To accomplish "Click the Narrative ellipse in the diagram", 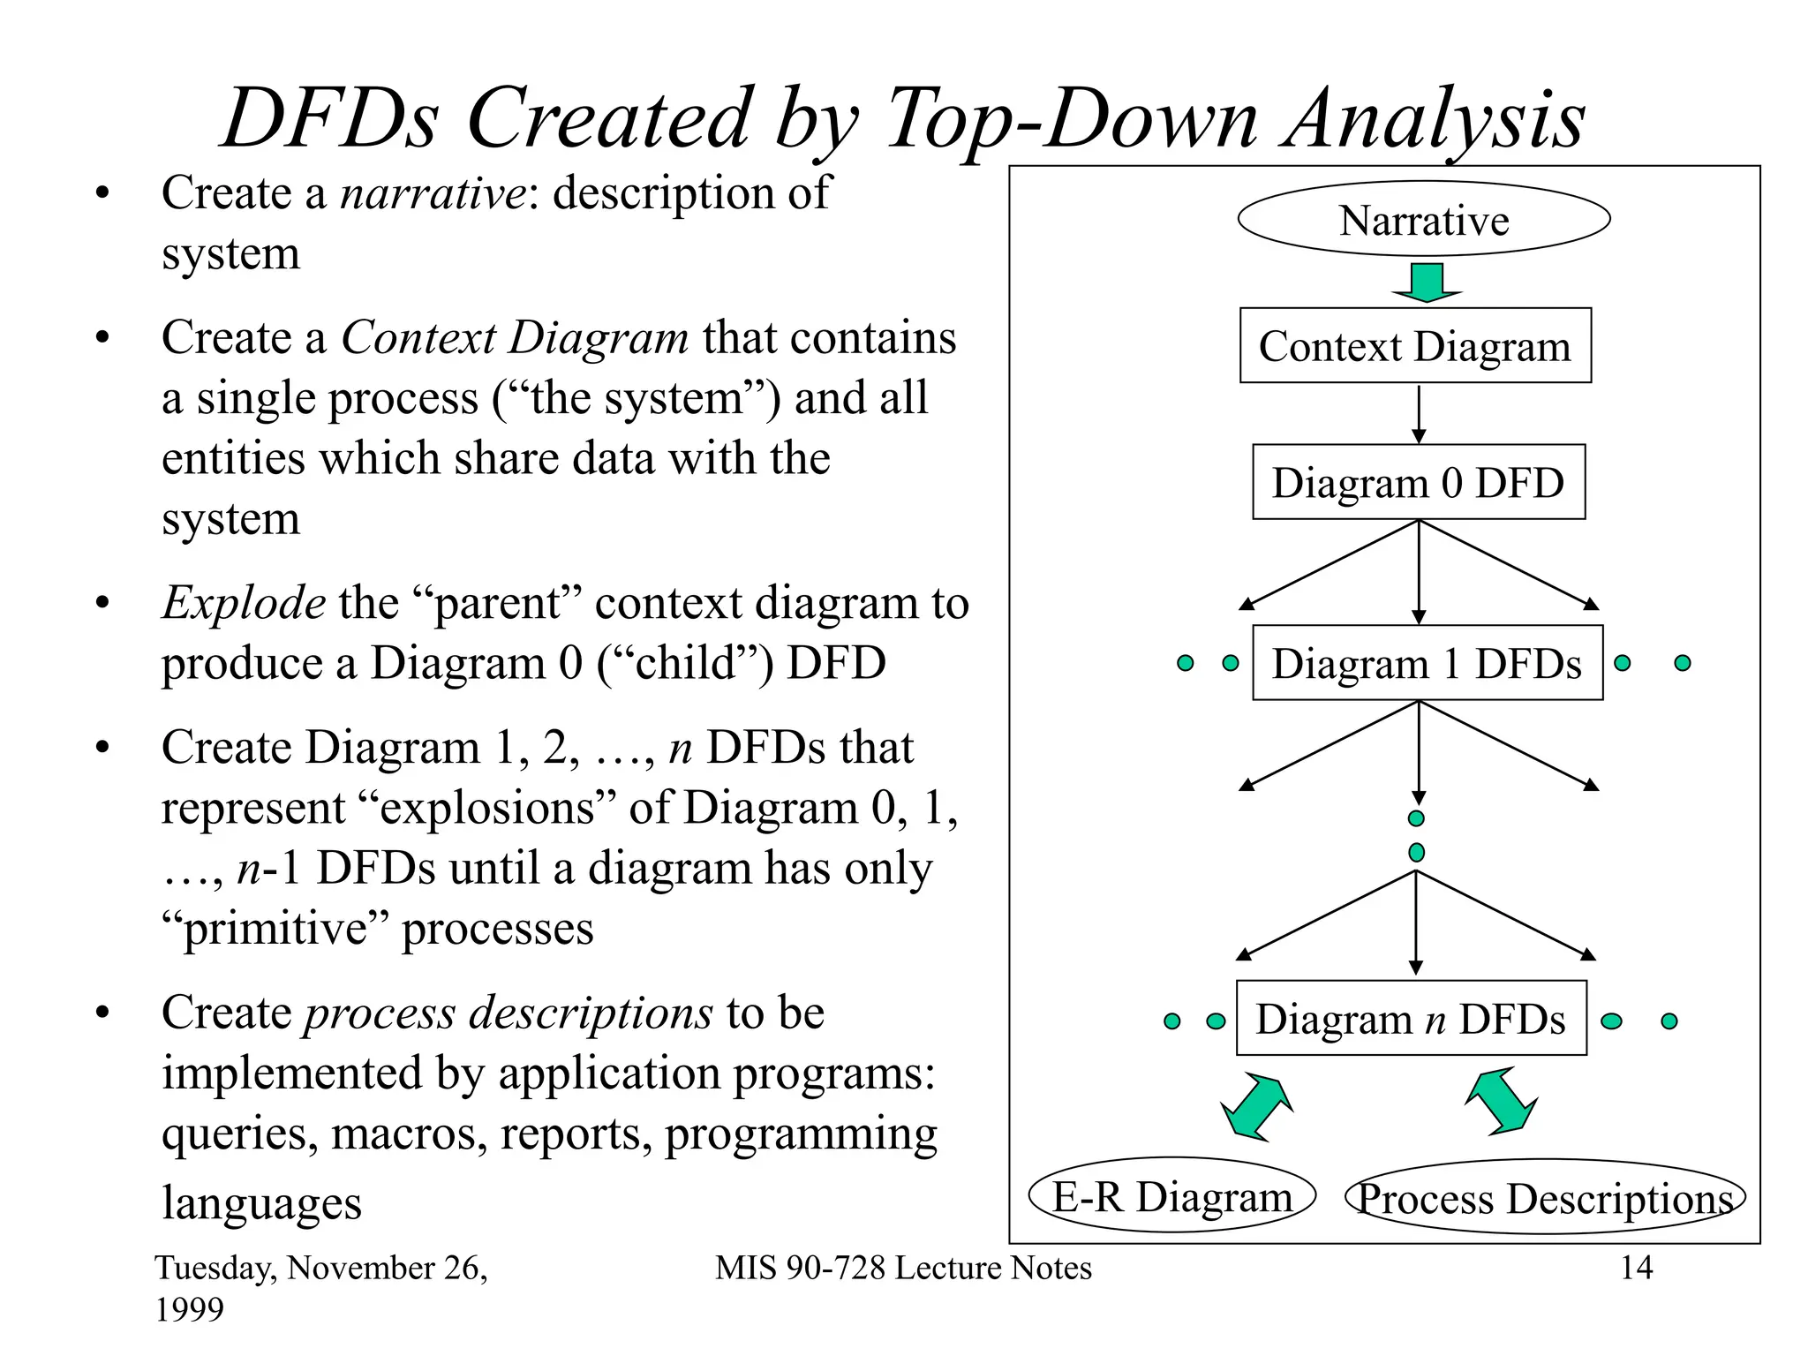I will point(1423,219).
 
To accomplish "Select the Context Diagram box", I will point(1414,346).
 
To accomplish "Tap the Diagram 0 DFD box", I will point(1418,482).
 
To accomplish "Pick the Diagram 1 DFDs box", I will point(1427,663).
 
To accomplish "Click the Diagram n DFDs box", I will point(1411,1019).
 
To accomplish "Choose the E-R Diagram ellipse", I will point(1171,1196).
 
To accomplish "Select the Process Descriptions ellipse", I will point(1544,1198).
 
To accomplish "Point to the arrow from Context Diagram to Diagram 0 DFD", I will point(1419,414).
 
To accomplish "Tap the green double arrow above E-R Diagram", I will point(1256,1107).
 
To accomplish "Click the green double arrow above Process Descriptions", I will point(1501,1101).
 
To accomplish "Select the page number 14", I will point(1636,1268).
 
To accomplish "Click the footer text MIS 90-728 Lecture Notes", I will point(903,1268).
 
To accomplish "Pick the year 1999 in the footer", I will point(190,1309).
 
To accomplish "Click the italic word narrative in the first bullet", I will point(433,192).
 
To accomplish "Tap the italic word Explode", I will point(243,603).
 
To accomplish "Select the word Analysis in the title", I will point(1435,119).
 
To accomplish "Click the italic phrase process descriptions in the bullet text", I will point(508,1013).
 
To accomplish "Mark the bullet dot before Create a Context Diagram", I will point(102,338).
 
